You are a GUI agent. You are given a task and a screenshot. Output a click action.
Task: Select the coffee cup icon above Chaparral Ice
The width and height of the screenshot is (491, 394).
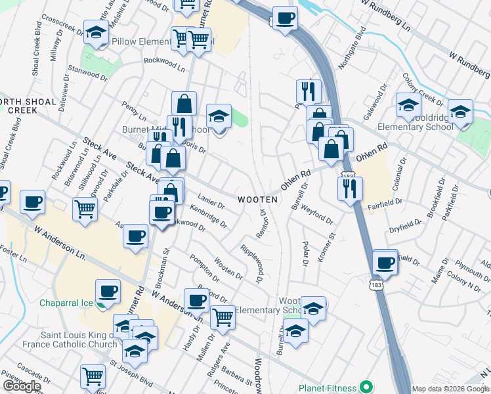click(108, 290)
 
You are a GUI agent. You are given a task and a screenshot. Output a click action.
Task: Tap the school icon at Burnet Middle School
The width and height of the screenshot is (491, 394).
click(219, 116)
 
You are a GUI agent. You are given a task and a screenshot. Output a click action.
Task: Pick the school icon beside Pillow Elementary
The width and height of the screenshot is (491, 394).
click(96, 32)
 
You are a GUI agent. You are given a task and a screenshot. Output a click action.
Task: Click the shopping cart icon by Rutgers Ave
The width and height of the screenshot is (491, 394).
click(223, 317)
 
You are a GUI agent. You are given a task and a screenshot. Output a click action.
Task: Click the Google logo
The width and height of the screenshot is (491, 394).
click(22, 386)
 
